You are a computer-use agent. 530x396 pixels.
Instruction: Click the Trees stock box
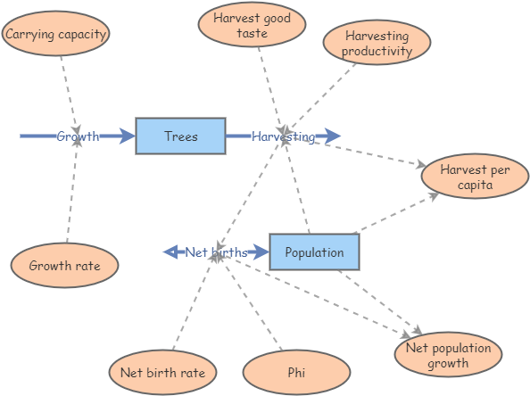coord(180,136)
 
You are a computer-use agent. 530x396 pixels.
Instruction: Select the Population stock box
coord(314,252)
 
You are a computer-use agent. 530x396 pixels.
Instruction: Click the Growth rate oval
coord(64,265)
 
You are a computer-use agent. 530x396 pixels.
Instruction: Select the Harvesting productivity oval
coord(377,43)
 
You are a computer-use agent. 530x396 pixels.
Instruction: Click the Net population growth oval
coord(448,356)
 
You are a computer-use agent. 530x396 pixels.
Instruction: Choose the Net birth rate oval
coord(162,372)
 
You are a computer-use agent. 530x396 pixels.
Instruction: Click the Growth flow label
coord(78,136)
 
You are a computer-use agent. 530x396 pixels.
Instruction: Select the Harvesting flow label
coord(283,136)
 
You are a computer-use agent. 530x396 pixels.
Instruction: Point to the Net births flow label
coord(216,252)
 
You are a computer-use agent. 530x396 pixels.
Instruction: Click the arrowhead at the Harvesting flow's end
coord(332,136)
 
